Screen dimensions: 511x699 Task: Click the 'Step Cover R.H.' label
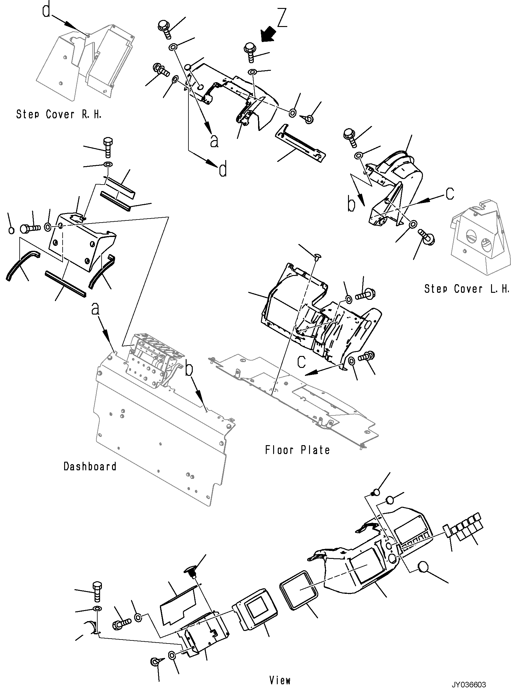59,114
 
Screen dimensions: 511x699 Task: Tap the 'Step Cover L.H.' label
466,289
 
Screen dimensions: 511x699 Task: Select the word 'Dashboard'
90,466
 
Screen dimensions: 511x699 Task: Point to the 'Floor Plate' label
297,450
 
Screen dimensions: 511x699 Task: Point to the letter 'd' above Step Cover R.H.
46,10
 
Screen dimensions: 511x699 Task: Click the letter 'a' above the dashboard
95,309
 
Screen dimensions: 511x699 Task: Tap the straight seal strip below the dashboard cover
65,287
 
